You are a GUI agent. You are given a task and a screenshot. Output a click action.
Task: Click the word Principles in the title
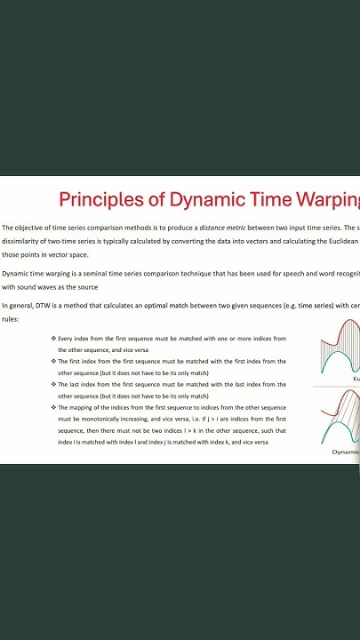pyautogui.click(x=98, y=199)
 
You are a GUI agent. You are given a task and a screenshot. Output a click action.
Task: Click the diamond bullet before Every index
pyautogui.click(x=53, y=339)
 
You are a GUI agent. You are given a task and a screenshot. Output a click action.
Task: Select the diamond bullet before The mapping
pyautogui.click(x=53, y=407)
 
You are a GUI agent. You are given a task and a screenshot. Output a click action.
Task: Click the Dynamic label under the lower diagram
pyautogui.click(x=346, y=452)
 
